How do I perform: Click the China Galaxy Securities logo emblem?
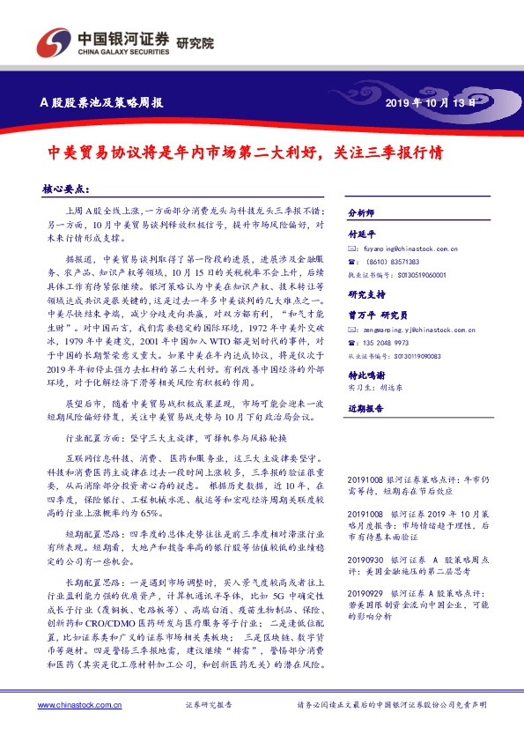coord(49,42)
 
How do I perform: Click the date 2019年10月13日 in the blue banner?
coord(431,103)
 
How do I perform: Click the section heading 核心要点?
coord(65,189)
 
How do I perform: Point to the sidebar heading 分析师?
coord(361,213)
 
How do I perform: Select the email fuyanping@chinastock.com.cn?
coord(409,249)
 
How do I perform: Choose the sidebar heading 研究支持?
coord(366,295)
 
